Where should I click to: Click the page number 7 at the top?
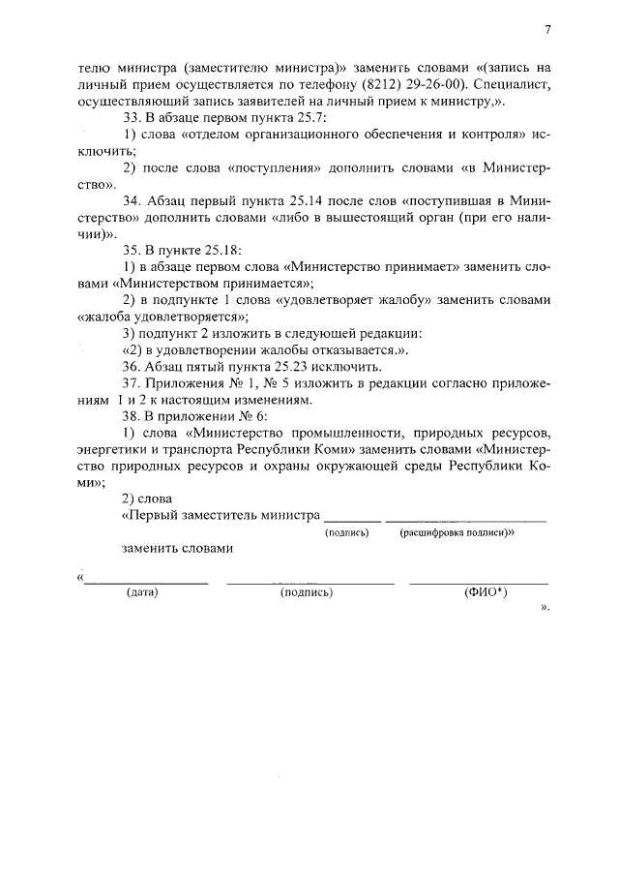pyautogui.click(x=546, y=30)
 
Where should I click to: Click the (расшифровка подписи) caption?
pyautogui.click(x=456, y=532)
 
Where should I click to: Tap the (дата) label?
pyautogui.click(x=142, y=592)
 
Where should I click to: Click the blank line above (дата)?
pyautogui.click(x=145, y=583)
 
